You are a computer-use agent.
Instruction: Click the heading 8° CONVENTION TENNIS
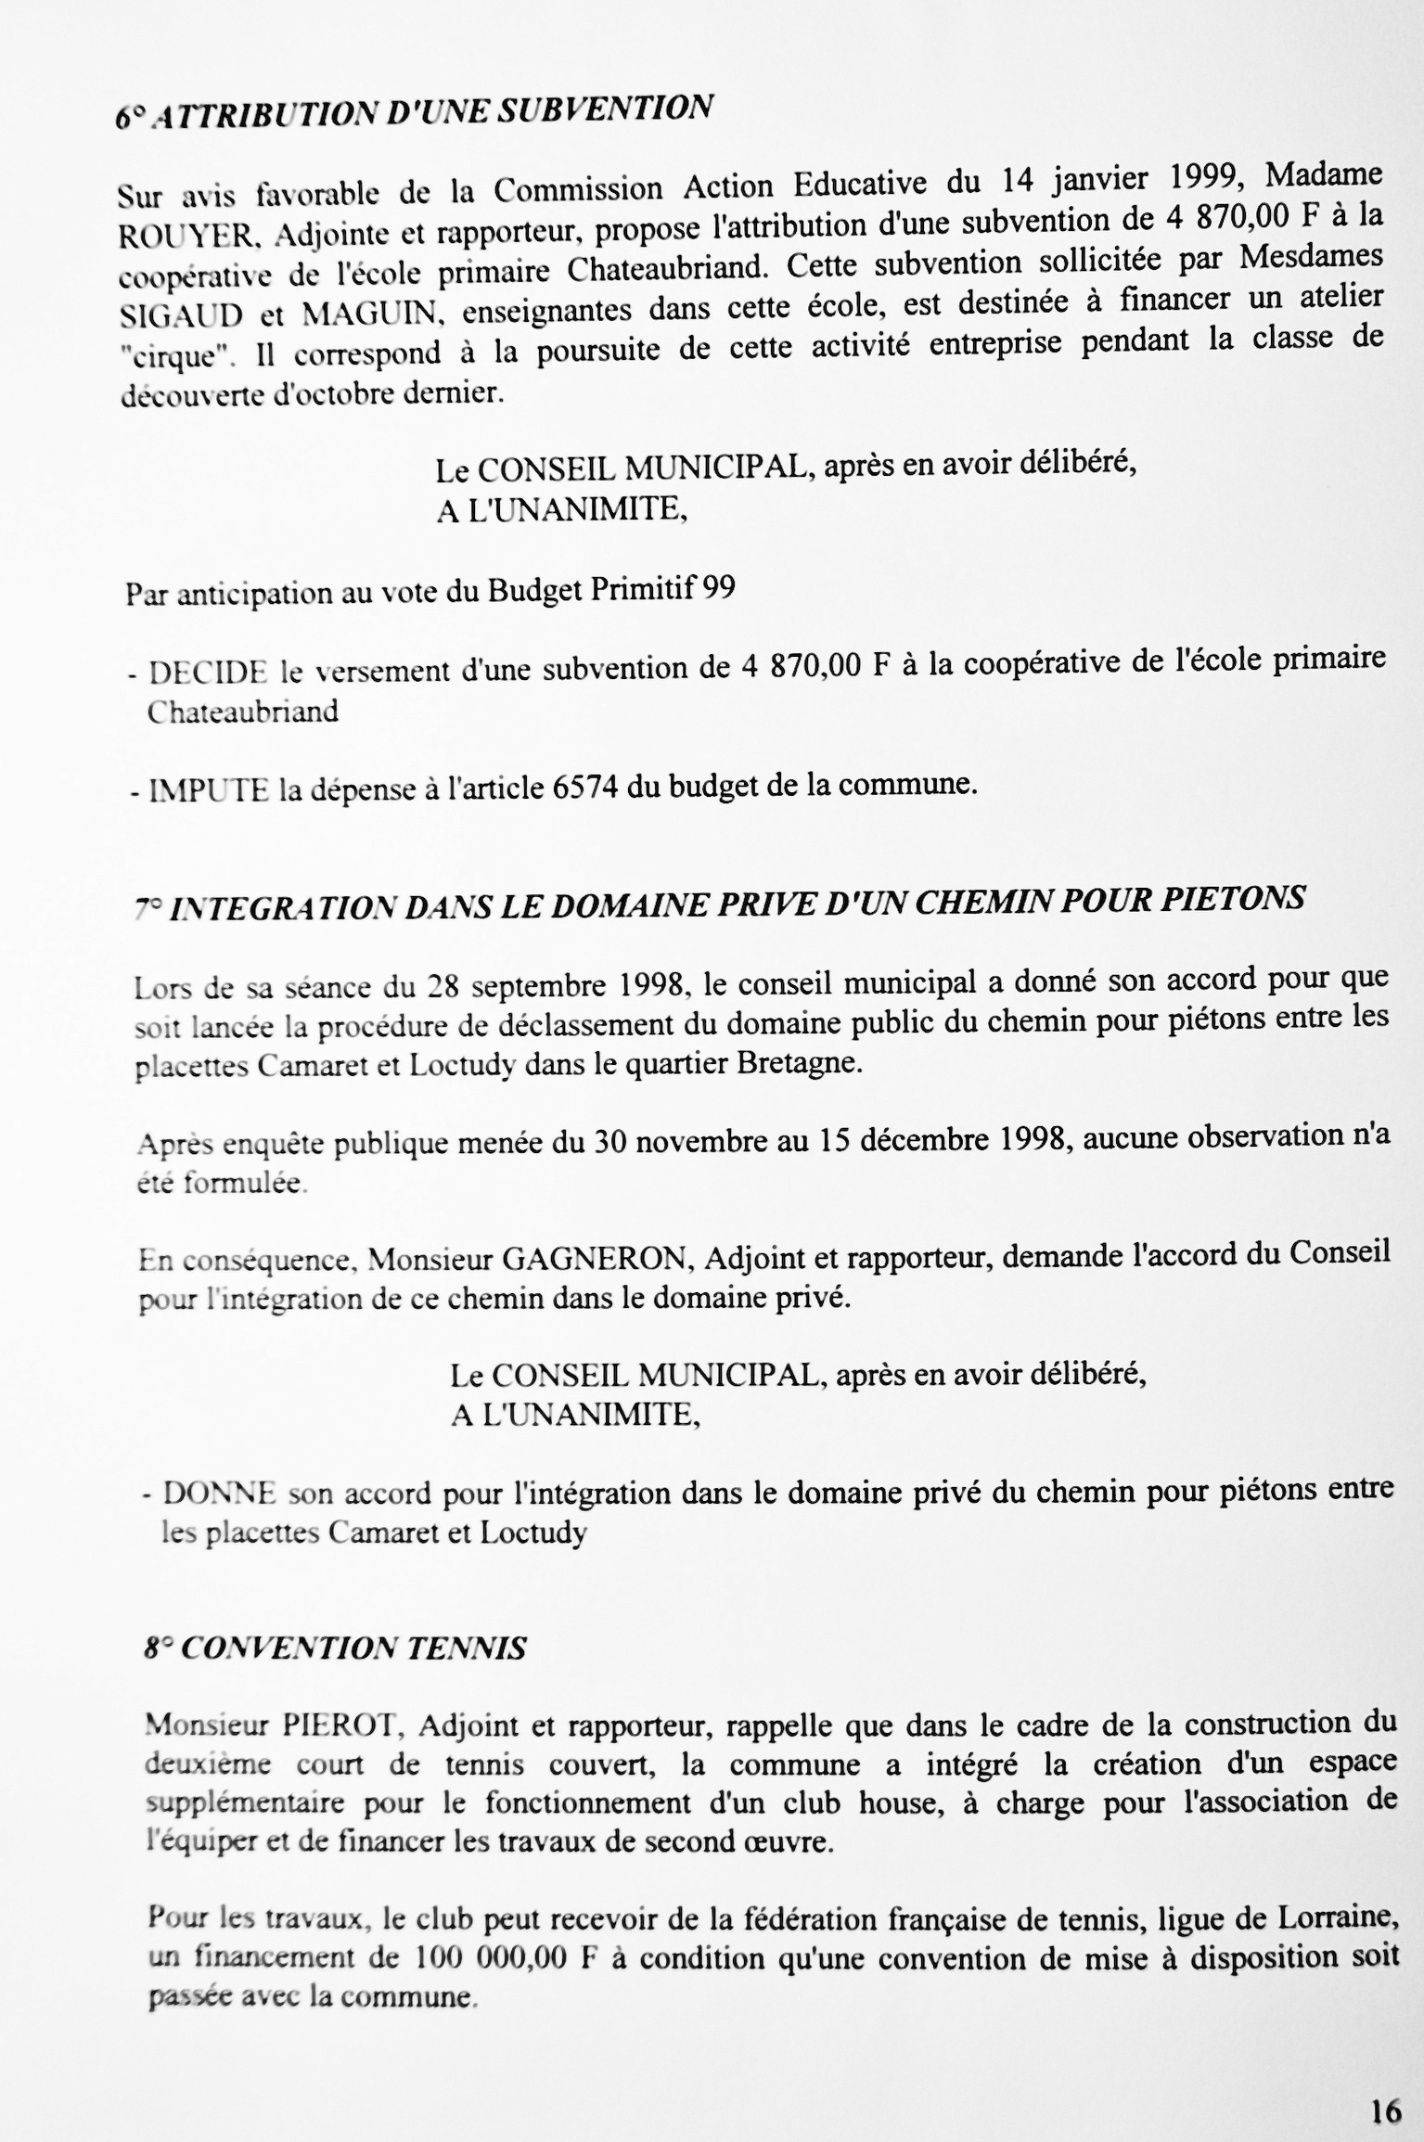click(x=335, y=1648)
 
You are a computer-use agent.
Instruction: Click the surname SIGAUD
click(x=181, y=315)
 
